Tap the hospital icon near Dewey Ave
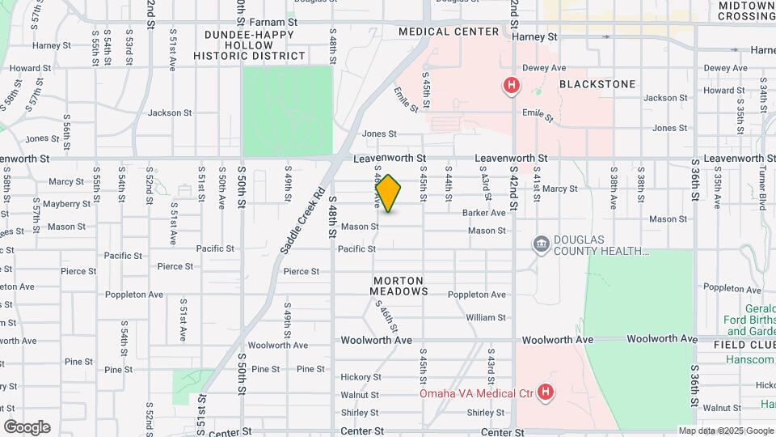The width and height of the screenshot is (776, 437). (511, 85)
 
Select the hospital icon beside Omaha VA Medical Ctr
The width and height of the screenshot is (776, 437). (546, 393)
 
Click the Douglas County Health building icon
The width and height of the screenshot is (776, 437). (540, 244)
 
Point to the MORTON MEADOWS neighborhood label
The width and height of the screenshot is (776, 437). (399, 286)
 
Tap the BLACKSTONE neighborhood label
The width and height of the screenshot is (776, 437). (597, 84)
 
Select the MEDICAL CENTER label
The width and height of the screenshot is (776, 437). (449, 32)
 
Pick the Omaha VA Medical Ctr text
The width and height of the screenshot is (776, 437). (477, 394)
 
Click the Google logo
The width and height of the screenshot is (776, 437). (27, 426)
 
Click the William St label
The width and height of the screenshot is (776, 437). (485, 318)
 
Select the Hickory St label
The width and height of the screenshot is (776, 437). (360, 377)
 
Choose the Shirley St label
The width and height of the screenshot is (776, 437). (360, 412)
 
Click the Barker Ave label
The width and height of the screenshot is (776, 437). (483, 213)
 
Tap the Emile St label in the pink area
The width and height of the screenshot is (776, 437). (538, 116)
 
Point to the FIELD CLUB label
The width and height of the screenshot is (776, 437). (744, 345)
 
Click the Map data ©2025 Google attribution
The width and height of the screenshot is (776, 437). (725, 431)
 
